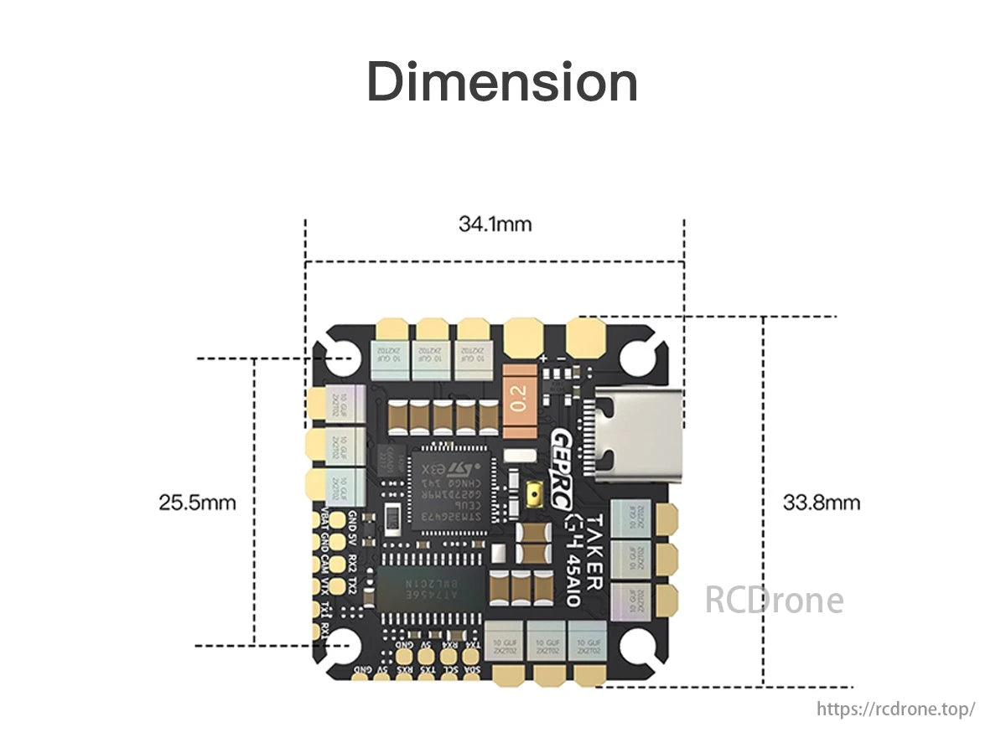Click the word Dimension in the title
(x=502, y=82)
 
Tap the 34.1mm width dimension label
(x=495, y=224)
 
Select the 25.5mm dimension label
(x=197, y=503)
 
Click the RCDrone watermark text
(x=774, y=600)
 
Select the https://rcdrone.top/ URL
(x=896, y=709)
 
